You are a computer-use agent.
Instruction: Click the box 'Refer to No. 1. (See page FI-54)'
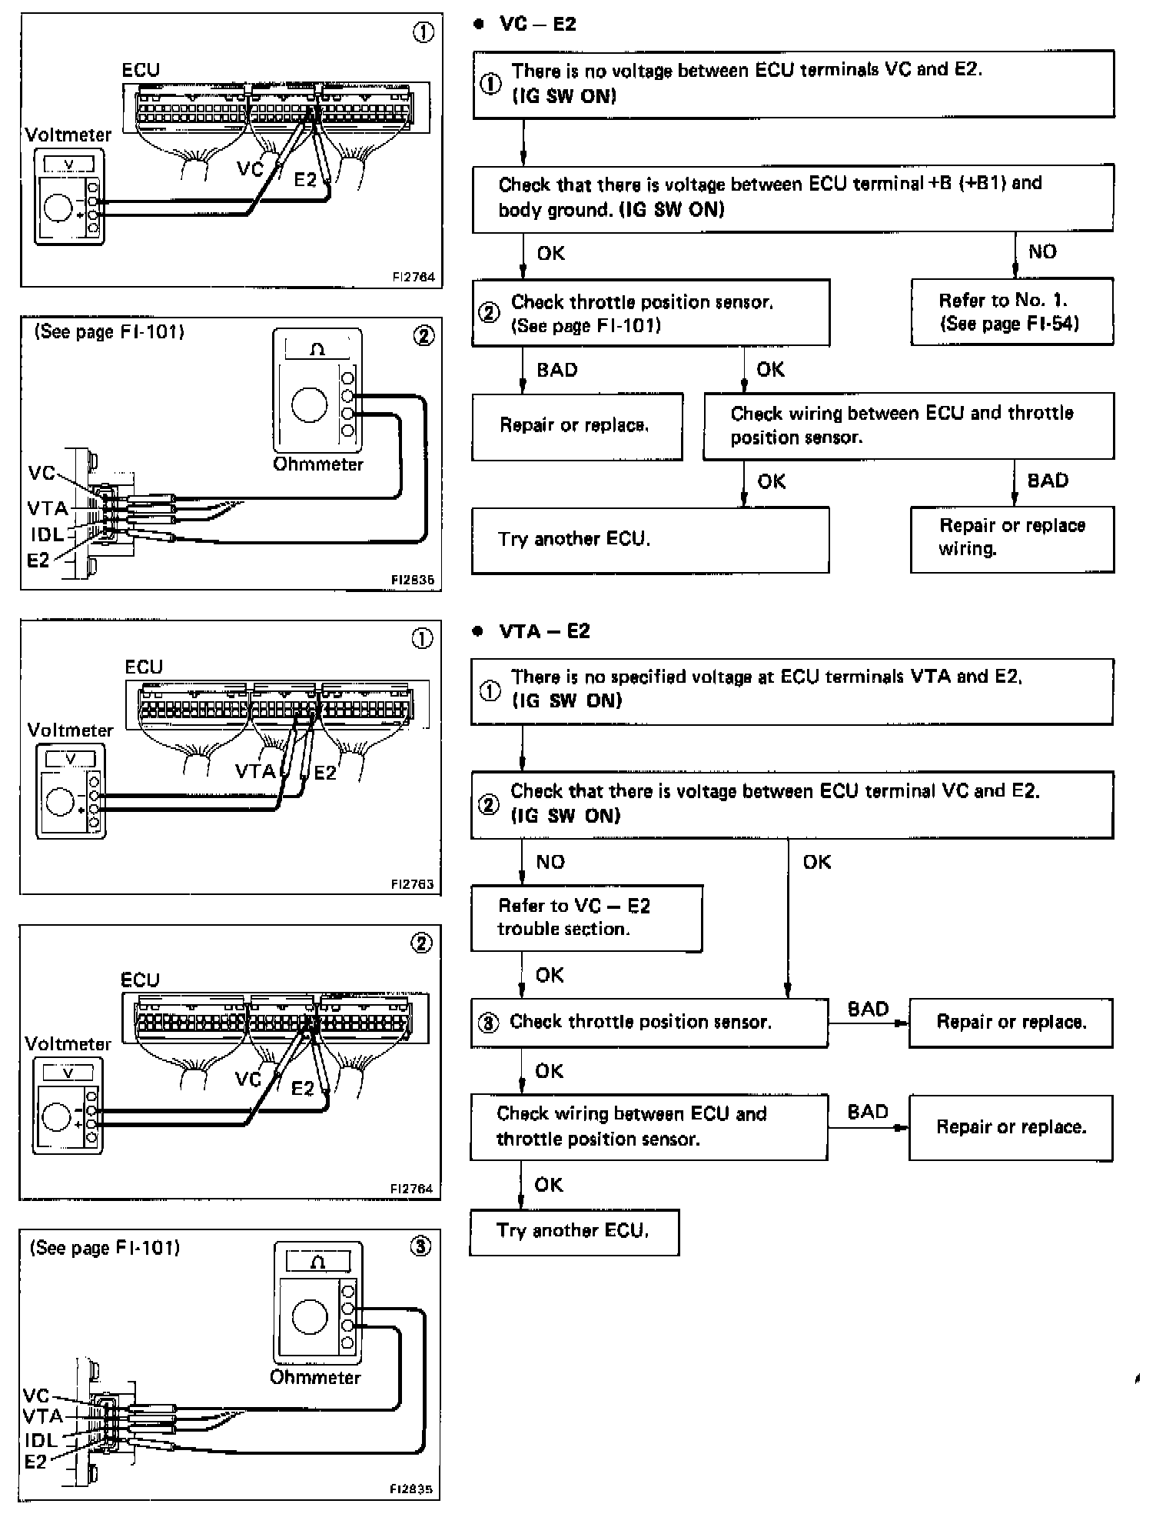[1012, 311]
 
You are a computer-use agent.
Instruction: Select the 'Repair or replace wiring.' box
[1012, 539]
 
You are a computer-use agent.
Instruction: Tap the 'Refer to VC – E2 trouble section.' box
[586, 918]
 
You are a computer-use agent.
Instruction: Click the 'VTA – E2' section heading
[544, 631]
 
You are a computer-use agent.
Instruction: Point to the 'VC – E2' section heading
[537, 24]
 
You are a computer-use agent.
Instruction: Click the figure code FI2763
[412, 884]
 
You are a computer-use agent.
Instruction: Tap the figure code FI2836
[412, 580]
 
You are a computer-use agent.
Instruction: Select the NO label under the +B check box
[1042, 251]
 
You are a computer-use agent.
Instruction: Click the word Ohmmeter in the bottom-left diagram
[315, 1377]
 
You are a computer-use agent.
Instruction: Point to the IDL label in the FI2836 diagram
[47, 534]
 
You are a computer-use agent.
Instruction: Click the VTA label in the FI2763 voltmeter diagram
[255, 770]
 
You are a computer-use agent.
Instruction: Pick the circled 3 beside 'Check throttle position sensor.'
[488, 1023]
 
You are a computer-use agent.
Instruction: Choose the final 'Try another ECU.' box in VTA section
[574, 1232]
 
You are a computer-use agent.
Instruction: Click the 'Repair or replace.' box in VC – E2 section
[577, 427]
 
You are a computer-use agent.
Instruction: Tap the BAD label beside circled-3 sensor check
[868, 1009]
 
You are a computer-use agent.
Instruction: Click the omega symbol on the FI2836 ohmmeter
[317, 350]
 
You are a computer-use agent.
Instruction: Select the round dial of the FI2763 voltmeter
[59, 801]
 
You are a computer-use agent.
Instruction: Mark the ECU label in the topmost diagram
[141, 70]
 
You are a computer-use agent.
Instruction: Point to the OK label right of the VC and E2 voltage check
[816, 862]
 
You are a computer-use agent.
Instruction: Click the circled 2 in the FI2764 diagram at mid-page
[422, 943]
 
